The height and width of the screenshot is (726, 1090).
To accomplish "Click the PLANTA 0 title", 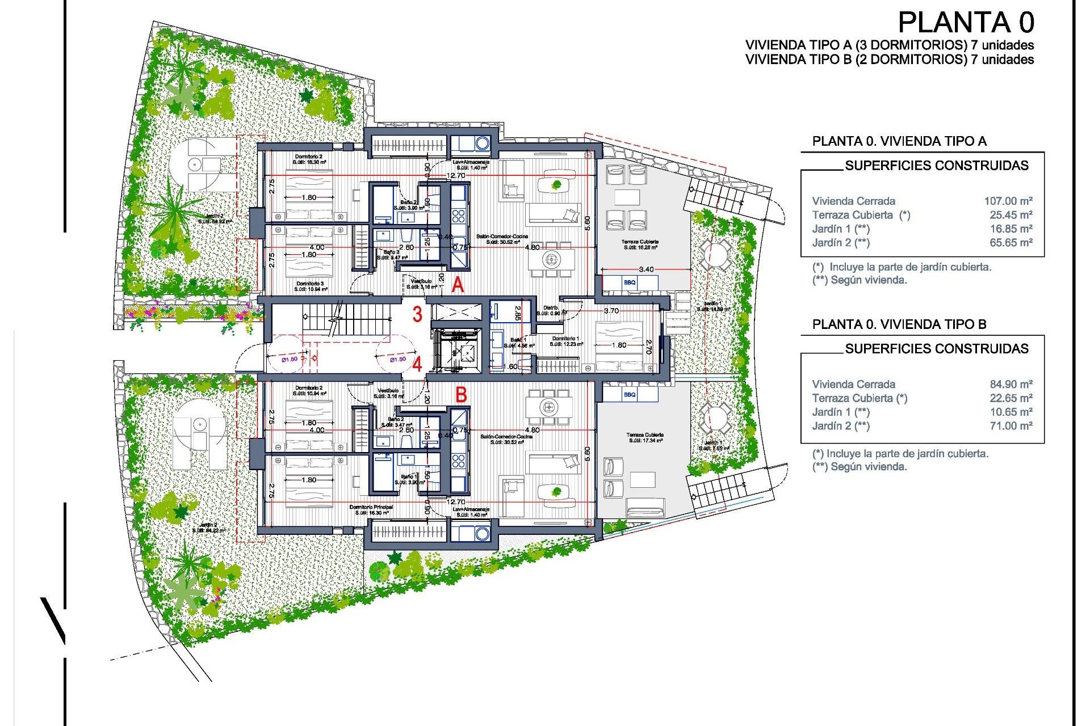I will tap(966, 23).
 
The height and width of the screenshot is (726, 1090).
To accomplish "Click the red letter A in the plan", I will tap(458, 285).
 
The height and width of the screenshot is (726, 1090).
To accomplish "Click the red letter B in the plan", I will tap(461, 394).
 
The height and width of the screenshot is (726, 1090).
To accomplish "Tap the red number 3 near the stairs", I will tap(417, 314).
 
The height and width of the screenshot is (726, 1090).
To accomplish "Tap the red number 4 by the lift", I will tap(417, 364).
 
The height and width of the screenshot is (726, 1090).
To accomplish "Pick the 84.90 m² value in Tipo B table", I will tap(1011, 384).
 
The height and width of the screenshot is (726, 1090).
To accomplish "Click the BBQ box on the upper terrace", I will tap(630, 282).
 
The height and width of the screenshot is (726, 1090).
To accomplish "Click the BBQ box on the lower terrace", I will tap(630, 394).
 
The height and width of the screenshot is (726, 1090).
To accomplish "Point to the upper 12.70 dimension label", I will tap(456, 176).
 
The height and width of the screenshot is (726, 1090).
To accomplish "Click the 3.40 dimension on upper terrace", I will tap(646, 269).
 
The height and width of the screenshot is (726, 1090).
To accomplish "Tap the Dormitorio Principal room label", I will tap(371, 507).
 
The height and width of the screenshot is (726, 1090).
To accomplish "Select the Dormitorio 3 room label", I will tap(310, 284).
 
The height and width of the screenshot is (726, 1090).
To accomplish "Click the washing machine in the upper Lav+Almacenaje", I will tap(482, 143).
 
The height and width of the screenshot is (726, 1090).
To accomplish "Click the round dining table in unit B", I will tap(548, 407).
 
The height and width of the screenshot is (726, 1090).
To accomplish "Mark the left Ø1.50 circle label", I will tap(289, 359).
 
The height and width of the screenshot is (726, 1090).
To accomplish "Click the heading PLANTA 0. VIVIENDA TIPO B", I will tap(899, 324).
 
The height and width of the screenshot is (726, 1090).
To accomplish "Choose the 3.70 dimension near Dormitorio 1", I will tap(611, 311).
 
